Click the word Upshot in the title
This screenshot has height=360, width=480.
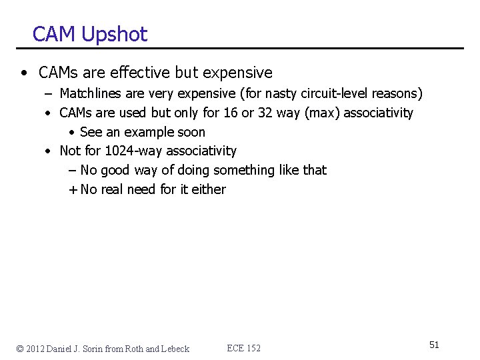pos(114,35)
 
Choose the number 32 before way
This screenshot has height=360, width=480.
pos(265,113)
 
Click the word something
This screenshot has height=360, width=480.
pos(243,170)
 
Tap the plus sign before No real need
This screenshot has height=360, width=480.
pos(72,189)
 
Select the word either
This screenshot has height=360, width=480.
pos(209,189)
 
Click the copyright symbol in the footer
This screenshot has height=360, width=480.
pos(21,349)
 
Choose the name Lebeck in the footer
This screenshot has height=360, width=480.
pos(175,349)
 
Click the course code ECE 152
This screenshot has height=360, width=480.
pos(244,348)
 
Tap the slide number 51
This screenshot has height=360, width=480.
pos(434,345)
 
